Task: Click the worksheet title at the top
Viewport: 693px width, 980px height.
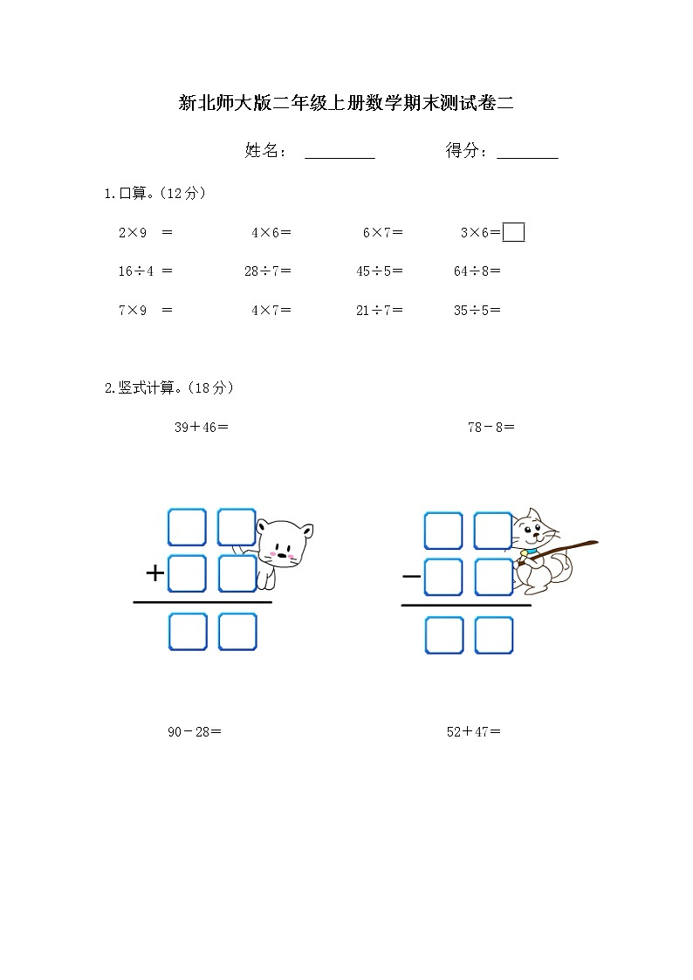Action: [346, 104]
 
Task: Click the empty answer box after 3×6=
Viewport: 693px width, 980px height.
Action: [514, 232]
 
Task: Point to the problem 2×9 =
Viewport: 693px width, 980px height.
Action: [145, 233]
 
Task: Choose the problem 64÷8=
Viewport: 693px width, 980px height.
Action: [477, 271]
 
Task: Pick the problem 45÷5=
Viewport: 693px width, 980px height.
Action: [379, 271]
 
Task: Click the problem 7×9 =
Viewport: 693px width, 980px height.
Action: [145, 310]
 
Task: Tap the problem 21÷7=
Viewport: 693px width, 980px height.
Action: [379, 310]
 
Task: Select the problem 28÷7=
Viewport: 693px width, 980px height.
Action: [267, 271]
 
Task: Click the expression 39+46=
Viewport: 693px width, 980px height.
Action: [201, 427]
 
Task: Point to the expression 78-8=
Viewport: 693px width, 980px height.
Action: [491, 427]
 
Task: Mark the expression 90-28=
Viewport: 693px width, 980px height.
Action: [194, 731]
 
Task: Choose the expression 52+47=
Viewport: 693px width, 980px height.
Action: [473, 731]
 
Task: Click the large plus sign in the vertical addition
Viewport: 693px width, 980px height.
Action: [154, 573]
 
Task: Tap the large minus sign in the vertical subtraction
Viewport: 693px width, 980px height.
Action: [411, 576]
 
